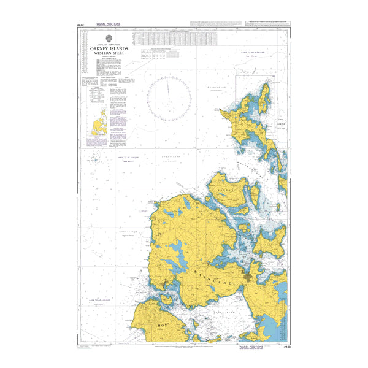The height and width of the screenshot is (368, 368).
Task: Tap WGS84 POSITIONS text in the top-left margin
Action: click(x=109, y=23)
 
